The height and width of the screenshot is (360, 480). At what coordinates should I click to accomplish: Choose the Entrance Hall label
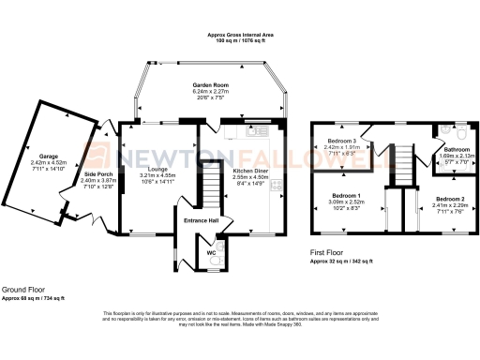[x=201, y=221]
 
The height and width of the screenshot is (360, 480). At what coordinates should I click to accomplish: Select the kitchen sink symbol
[x=254, y=132]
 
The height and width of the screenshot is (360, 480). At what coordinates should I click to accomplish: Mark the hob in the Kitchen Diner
[x=275, y=187]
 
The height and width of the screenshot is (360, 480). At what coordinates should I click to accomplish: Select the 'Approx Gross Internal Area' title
[x=240, y=34]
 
